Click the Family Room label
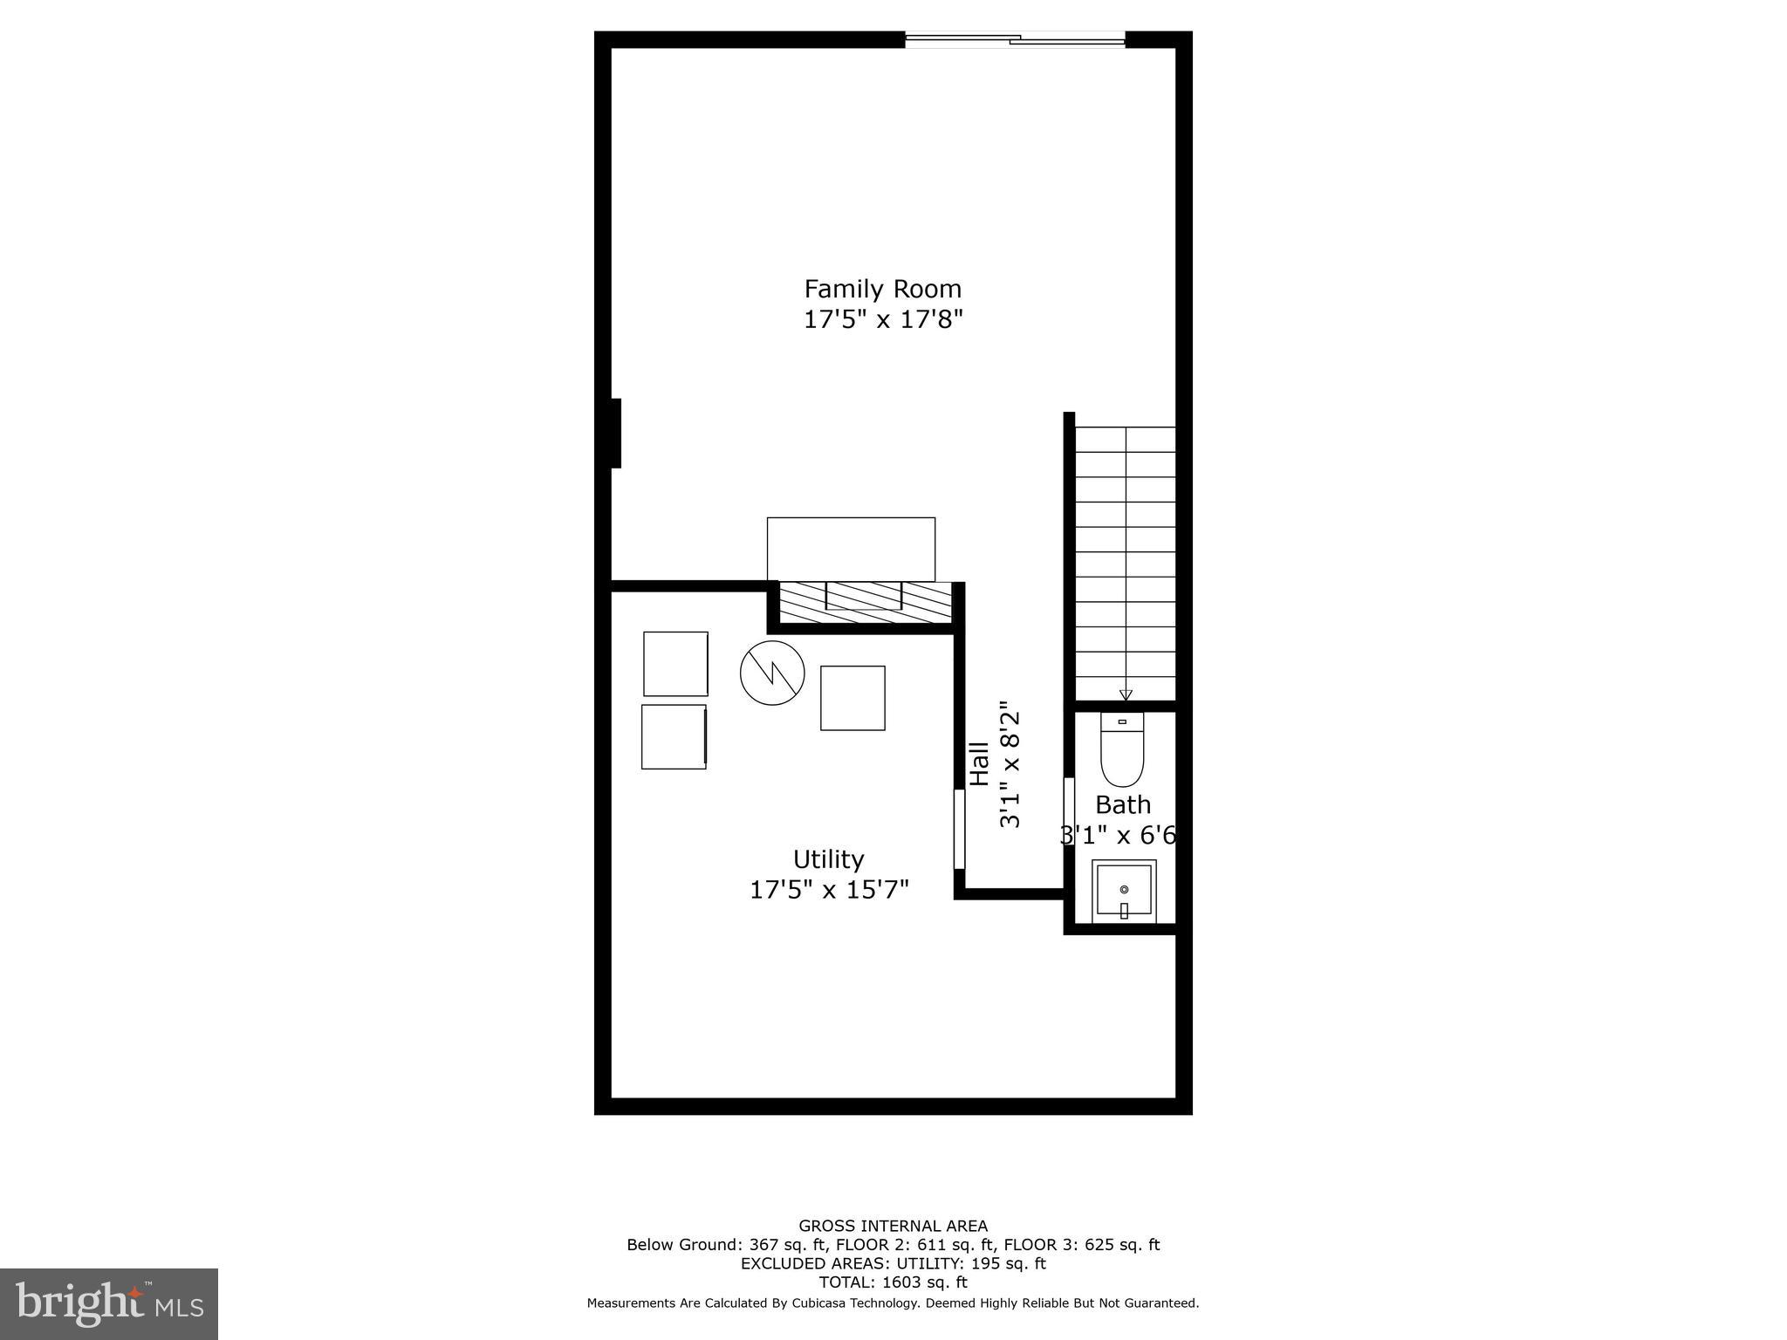pos(882,289)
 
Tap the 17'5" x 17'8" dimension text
pos(882,319)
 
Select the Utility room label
pos(828,859)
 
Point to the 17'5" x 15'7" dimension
pos(829,890)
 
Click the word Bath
pos(1123,804)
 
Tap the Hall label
pos(979,764)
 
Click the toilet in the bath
pos(1122,749)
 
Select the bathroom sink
pos(1124,891)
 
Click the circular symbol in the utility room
pos(772,673)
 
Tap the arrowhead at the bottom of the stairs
pos(1126,694)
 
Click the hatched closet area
pos(864,603)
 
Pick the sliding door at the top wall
pos(1015,38)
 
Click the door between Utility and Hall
pos(959,829)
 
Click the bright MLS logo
pos(109,1304)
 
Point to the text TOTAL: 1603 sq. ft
pos(893,1282)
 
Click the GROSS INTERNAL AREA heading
pos(893,1226)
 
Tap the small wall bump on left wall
pos(616,433)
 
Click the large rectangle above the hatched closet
pos(851,549)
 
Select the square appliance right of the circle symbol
pos(852,698)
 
